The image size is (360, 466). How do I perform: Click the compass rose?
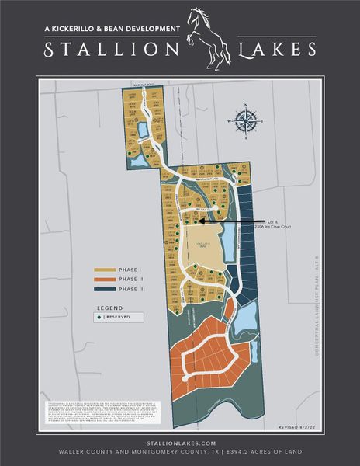247,120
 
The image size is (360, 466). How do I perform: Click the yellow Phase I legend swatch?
106,269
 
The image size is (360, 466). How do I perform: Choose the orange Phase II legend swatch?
106,279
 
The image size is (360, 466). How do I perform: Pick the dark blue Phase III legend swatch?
106,289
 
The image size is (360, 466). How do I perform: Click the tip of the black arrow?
201,221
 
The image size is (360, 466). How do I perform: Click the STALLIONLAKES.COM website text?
180,441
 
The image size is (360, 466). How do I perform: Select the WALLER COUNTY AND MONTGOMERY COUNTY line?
180,450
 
